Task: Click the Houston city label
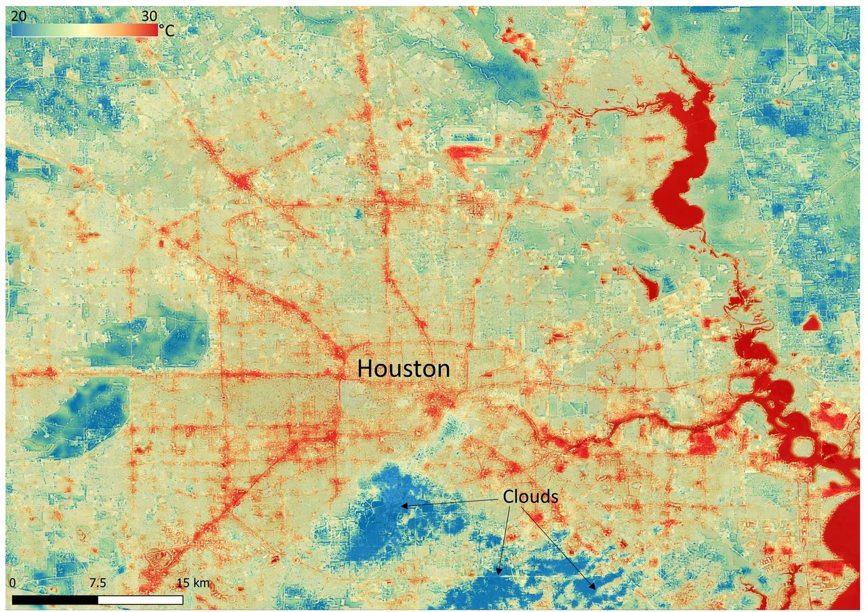pos(403,369)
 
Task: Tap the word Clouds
pos(530,497)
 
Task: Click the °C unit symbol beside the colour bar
pos(167,30)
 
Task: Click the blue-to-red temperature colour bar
pos(85,30)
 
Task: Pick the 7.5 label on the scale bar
pos(98,583)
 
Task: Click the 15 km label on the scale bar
pos(193,583)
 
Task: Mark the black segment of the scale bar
pos(55,600)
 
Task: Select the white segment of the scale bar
pos(140,600)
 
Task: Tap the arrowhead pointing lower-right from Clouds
pos(594,586)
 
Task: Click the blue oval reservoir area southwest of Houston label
pos(78,417)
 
